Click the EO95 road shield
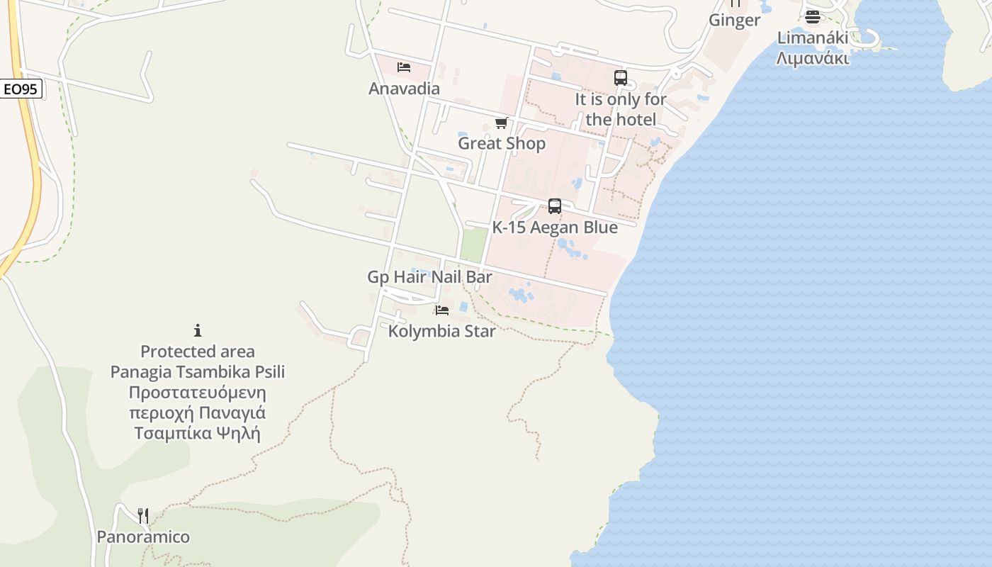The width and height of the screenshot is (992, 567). coord(21,89)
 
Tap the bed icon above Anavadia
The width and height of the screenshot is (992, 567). coord(404,67)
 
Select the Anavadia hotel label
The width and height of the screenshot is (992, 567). coord(404,89)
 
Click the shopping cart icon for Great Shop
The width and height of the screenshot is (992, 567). coord(502,123)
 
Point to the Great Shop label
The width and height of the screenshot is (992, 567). coord(502,143)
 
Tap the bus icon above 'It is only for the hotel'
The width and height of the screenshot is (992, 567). coord(621,78)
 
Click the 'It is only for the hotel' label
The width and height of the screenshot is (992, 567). coord(621,109)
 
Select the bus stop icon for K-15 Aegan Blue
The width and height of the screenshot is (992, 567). coord(555,206)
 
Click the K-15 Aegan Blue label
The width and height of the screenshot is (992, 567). coord(555,228)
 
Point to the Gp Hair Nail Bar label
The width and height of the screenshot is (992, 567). coord(429,277)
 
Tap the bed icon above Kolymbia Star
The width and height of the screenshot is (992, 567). coord(442,310)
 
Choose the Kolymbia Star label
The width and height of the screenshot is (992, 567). coord(442,331)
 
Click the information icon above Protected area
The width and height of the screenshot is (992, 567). coord(198,330)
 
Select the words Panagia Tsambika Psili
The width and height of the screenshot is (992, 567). coord(198,371)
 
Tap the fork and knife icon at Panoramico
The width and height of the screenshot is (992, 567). coord(143,515)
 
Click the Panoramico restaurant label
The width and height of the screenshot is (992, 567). coord(143,537)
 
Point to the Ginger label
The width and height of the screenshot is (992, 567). coord(734,20)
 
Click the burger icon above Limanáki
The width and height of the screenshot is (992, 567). coord(813,17)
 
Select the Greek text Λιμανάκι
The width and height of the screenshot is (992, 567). coord(813,58)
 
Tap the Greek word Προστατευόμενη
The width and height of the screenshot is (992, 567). coord(198,392)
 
